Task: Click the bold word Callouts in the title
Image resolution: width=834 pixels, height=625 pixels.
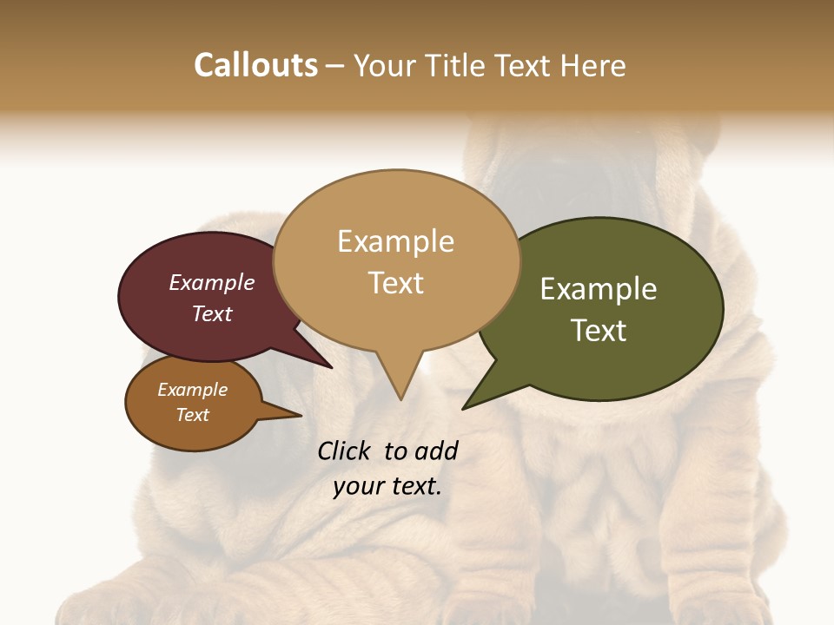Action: (255, 65)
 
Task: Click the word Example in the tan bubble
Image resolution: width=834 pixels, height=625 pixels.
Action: (395, 241)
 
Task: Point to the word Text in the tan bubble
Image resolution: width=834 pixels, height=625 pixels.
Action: (395, 283)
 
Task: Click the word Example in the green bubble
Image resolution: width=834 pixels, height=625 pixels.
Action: (599, 289)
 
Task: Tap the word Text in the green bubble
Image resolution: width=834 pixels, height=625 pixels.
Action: (599, 331)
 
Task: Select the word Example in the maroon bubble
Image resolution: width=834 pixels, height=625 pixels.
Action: (211, 283)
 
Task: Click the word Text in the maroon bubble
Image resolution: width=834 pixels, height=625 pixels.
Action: (211, 313)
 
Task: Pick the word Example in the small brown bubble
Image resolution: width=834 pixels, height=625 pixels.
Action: (192, 390)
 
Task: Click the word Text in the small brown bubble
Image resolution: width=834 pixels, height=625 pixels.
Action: (192, 415)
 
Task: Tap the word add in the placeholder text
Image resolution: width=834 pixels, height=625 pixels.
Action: (435, 451)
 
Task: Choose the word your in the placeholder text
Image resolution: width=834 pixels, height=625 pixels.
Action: (357, 486)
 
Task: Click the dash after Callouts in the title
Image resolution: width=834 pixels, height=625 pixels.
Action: (335, 65)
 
